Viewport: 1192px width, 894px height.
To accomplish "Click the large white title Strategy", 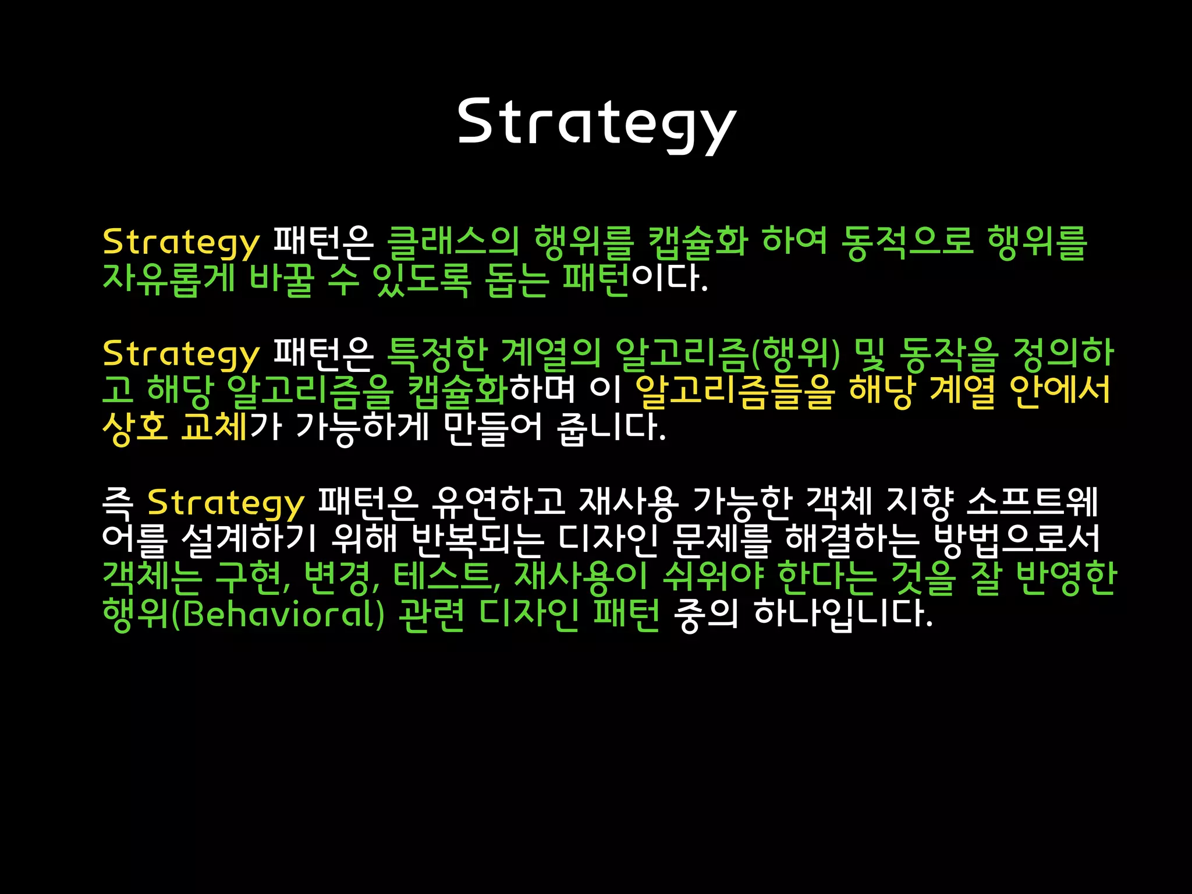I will (597, 122).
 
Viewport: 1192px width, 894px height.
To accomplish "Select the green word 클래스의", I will (453, 242).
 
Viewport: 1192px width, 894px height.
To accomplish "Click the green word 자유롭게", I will (169, 279).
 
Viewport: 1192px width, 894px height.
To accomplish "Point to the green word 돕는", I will (517, 279).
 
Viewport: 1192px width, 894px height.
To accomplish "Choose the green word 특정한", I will (437, 353).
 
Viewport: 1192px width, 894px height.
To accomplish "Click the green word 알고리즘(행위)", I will (728, 353).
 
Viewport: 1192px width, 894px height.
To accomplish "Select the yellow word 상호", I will (135, 427).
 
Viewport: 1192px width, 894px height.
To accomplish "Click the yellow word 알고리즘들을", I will (735, 391).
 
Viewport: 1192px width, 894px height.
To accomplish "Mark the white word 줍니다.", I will (611, 427).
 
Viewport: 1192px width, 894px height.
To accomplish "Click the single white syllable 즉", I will (118, 502).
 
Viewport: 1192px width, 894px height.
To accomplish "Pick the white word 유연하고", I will (498, 502).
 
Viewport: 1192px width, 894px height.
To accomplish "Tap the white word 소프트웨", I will (1032, 502).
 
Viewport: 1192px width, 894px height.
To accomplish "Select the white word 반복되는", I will (477, 538).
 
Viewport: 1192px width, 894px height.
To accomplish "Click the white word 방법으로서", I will (1016, 538).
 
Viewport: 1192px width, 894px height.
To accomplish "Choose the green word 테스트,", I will (447, 576).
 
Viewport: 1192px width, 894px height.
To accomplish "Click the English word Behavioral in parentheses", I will (283, 613).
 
